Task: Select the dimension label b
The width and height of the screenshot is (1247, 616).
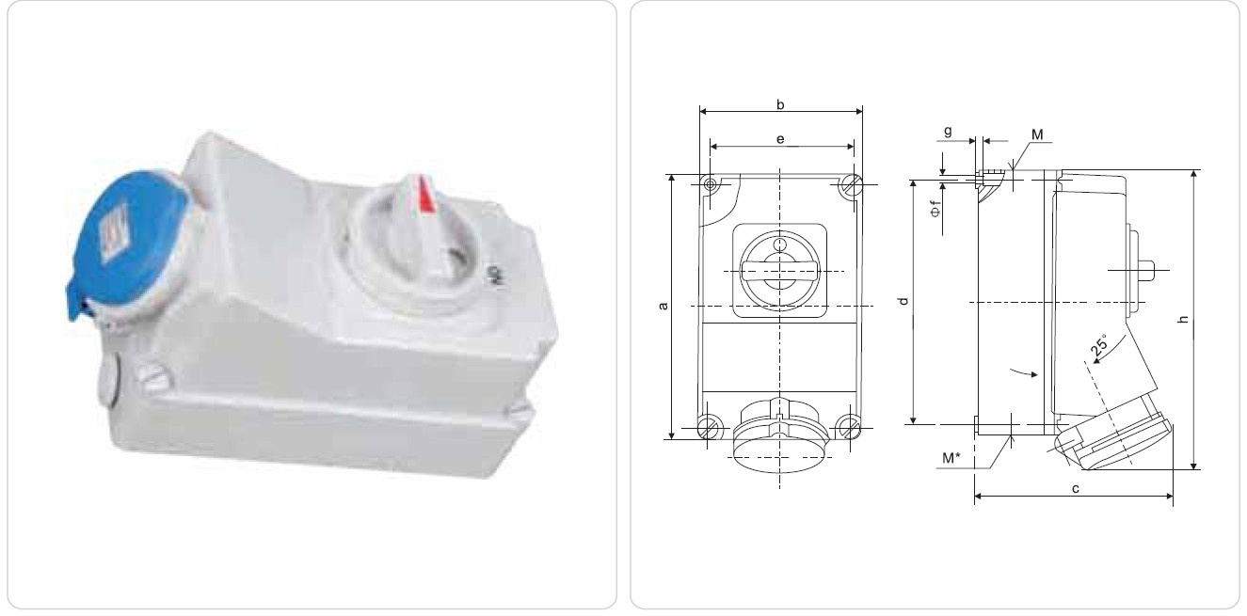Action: click(780, 104)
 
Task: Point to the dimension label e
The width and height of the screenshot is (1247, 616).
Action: click(780, 138)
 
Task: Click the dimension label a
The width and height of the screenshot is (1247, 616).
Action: click(663, 306)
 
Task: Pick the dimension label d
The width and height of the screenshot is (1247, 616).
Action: click(903, 301)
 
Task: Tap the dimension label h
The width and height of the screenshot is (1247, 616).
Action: click(1184, 319)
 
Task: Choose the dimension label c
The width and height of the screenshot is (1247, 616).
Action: click(1076, 489)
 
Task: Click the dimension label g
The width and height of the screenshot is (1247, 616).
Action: click(948, 132)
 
